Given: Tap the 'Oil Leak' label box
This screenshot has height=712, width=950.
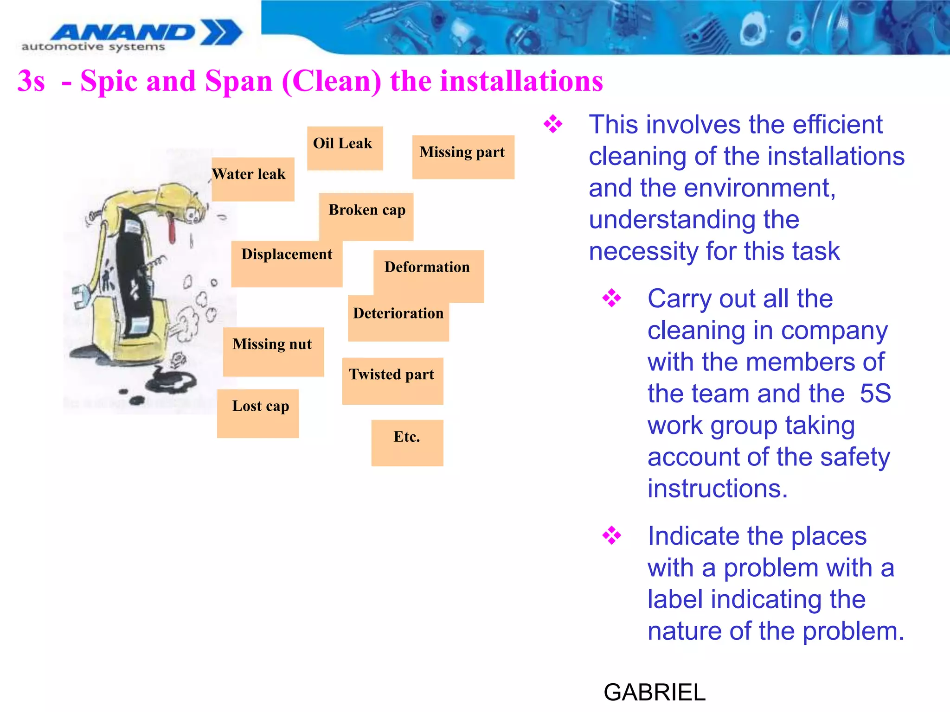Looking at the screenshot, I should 345,148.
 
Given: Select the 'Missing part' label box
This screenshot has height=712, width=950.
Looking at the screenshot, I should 463,157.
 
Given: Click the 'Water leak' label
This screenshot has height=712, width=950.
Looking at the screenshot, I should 252,178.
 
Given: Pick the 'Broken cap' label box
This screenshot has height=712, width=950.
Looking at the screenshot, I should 366,216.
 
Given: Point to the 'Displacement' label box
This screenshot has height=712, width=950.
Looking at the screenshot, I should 286,263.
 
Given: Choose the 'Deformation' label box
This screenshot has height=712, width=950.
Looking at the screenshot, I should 428,275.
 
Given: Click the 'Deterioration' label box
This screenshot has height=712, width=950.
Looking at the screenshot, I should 398,318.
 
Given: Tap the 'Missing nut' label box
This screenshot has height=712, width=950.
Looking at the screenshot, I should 273,351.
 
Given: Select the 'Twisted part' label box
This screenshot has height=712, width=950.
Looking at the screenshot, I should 392,381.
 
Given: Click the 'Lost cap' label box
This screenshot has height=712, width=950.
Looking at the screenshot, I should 258,413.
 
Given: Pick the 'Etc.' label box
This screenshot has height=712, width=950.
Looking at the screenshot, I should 407,443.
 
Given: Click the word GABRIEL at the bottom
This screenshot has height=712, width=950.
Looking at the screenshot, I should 654,692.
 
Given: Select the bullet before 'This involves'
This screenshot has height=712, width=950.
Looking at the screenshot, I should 553,124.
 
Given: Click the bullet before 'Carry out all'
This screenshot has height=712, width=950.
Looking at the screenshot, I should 611,298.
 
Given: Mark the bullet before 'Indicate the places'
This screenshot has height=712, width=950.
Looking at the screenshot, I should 611,535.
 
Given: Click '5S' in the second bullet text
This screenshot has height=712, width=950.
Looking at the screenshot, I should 875,394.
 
